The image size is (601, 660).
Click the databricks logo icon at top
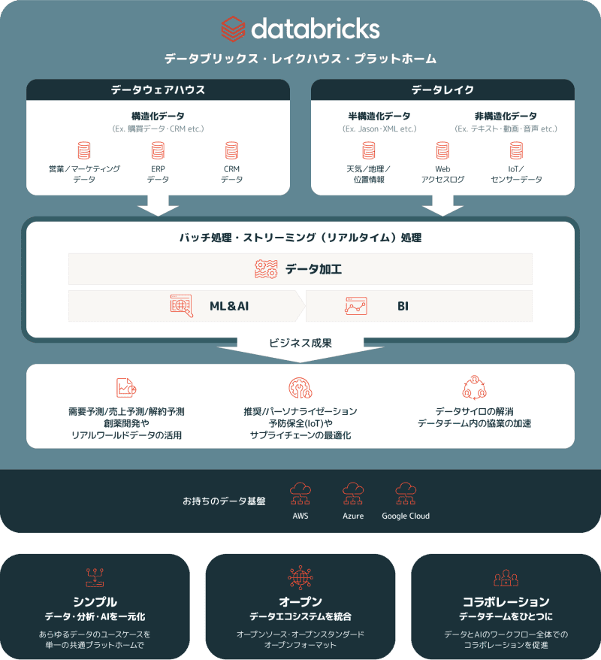point(234,29)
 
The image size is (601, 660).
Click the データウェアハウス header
point(158,89)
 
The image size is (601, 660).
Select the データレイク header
point(442,89)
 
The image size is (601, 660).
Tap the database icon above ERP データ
point(158,150)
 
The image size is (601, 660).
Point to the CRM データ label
point(232,174)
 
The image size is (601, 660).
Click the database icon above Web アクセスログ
point(442,150)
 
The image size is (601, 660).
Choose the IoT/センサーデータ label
point(515,174)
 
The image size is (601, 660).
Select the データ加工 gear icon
point(266,268)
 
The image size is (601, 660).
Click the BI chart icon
point(356,306)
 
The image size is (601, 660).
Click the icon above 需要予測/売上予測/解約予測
point(126,388)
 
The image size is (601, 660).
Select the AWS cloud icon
point(300,493)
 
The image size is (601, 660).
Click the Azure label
point(353,516)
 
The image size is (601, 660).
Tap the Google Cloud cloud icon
point(406,493)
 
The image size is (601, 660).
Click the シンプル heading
point(95,601)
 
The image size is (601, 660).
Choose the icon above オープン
point(300,577)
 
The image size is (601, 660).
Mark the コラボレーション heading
point(506,601)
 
